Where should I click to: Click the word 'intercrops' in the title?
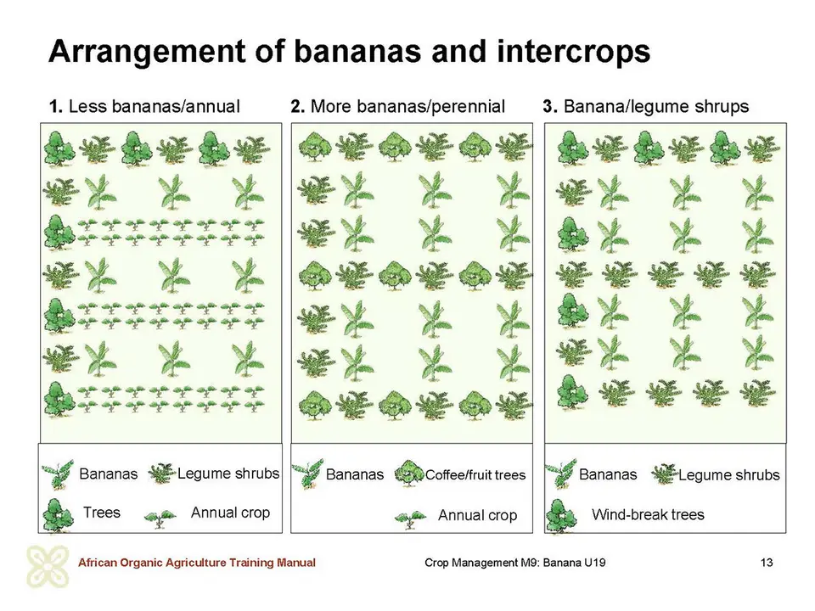click(x=573, y=52)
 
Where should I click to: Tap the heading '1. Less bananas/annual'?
click(x=144, y=107)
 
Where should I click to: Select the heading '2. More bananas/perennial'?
click(x=397, y=107)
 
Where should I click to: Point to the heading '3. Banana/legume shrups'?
click(x=645, y=107)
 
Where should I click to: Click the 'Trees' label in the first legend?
click(x=101, y=513)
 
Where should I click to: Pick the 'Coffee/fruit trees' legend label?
click(x=475, y=475)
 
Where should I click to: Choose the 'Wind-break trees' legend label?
click(x=648, y=514)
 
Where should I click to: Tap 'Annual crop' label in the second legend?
click(x=477, y=515)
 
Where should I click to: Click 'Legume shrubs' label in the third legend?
click(x=728, y=475)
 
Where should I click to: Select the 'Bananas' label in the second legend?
click(x=355, y=474)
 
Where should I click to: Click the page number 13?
click(x=766, y=562)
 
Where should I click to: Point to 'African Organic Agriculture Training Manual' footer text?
click(x=196, y=562)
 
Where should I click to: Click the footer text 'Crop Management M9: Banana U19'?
click(x=514, y=562)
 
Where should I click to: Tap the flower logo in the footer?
click(x=48, y=567)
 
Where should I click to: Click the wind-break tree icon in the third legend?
click(x=561, y=516)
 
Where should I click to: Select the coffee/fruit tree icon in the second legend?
click(x=409, y=473)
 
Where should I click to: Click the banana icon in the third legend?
click(x=560, y=473)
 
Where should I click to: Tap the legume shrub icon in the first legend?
click(x=162, y=474)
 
